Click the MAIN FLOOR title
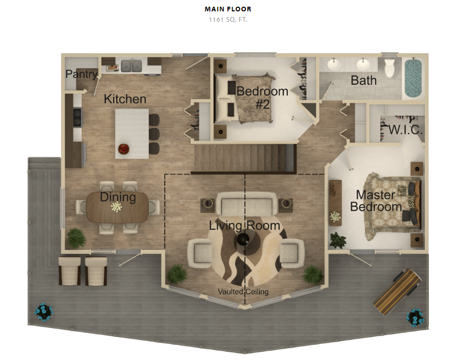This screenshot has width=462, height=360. pyautogui.click(x=228, y=9)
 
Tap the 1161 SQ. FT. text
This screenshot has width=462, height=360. pyautogui.click(x=228, y=20)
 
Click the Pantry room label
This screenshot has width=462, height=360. pyautogui.click(x=81, y=74)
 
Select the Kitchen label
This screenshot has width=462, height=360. pyautogui.click(x=125, y=99)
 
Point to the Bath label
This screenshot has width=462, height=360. pyautogui.click(x=364, y=81)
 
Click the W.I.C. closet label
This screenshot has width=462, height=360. pyautogui.click(x=406, y=130)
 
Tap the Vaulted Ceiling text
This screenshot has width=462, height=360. pyautogui.click(x=243, y=292)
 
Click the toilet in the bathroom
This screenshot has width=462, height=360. pyautogui.click(x=390, y=68)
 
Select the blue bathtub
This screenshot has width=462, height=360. pyautogui.click(x=413, y=78)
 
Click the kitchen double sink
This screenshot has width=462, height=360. pyautogui.click(x=131, y=66)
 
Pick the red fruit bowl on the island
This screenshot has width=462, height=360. pyautogui.click(x=124, y=149)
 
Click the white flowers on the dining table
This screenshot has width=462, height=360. pyautogui.click(x=116, y=207)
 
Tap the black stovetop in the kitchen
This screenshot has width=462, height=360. pyautogui.click(x=77, y=118)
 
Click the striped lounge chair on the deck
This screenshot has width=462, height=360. pyautogui.click(x=397, y=291)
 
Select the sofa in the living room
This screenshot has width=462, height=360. pyautogui.click(x=247, y=203)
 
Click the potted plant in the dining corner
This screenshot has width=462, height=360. pyautogui.click(x=76, y=238)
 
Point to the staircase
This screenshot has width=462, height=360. pyautogui.click(x=244, y=159)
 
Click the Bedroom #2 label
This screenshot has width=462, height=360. pyautogui.click(x=262, y=98)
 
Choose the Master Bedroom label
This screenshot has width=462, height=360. pyautogui.click(x=376, y=200)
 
